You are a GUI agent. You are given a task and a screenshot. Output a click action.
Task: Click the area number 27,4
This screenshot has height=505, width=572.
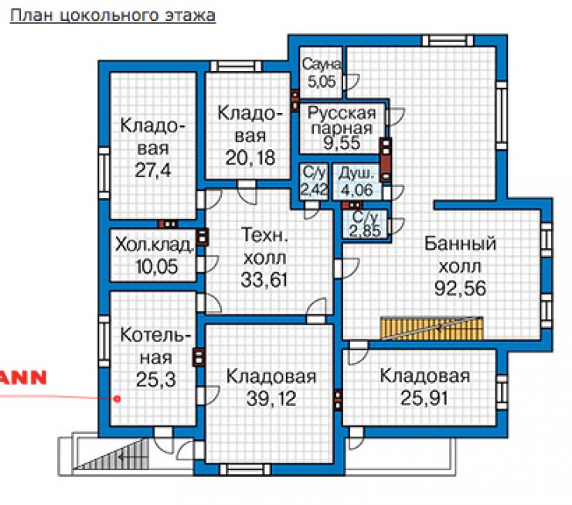coord(153,170)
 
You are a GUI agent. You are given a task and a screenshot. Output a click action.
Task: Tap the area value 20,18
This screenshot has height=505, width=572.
coord(250,158)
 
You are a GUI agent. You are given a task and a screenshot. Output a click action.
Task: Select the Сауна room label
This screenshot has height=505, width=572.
coord(322,64)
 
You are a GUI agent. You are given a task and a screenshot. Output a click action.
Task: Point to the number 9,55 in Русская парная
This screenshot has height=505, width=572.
coord(342,143)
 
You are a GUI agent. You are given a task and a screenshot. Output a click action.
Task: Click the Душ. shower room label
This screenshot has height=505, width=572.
coord(356,174)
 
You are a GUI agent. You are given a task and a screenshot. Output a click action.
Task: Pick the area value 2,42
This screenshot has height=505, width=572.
coord(314,189)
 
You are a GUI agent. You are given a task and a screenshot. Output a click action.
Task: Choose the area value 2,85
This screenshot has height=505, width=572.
coord(365,230)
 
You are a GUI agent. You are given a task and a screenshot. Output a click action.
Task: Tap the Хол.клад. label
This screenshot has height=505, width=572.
coord(155,244)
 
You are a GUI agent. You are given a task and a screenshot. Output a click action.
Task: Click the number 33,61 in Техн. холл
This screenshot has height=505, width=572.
coord(264,280)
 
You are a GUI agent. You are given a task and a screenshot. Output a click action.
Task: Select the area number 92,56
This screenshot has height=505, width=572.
coord(460,288)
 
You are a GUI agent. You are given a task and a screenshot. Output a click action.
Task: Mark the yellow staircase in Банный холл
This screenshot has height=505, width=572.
coord(431,328)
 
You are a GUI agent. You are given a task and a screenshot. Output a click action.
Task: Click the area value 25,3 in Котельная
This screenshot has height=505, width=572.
coord(156,380)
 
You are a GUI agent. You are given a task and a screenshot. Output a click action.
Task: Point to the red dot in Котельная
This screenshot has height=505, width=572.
coord(117,399)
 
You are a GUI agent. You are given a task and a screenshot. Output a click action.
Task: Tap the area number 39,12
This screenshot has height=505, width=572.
coord(271,398)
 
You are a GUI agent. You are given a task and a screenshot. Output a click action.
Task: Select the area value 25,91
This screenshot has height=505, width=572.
coord(424,398)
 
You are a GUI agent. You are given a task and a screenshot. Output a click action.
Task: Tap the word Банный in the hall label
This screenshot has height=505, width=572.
coord(460,244)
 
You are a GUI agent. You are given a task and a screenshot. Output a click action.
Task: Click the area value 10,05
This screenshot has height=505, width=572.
coord(156,266)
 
